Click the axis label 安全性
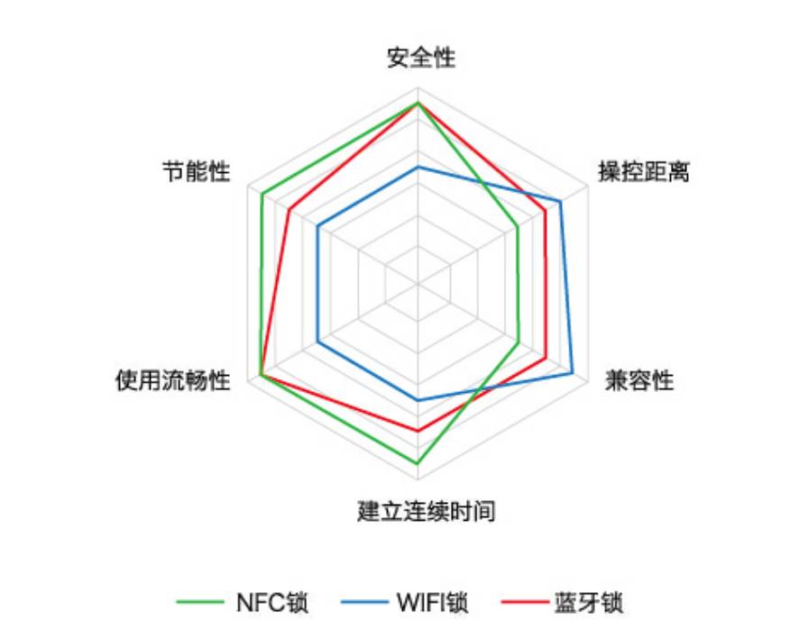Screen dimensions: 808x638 click(421, 58)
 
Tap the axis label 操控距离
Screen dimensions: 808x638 click(644, 171)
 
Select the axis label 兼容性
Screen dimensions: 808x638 click(639, 380)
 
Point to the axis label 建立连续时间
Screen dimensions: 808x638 click(427, 511)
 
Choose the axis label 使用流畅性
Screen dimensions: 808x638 click(172, 380)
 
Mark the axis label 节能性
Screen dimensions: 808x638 click(197, 171)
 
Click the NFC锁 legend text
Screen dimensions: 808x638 click(272, 603)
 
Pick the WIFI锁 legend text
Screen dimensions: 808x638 click(432, 603)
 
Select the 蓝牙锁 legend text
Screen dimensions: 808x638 click(589, 603)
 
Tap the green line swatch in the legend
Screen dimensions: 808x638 click(200, 602)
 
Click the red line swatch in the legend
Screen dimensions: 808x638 click(525, 602)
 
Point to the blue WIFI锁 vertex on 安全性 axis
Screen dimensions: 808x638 click(418, 167)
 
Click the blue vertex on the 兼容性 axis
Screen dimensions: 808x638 click(572, 373)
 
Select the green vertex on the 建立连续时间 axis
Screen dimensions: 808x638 click(418, 463)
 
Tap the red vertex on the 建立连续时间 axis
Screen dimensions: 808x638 click(418, 431)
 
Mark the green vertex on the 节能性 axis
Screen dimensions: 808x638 click(262, 194)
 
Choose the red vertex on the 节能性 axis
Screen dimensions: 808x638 click(289, 209)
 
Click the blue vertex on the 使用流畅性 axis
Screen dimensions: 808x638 click(317, 342)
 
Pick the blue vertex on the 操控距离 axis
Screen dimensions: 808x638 click(561, 201)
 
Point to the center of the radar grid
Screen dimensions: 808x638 click(418, 283)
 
